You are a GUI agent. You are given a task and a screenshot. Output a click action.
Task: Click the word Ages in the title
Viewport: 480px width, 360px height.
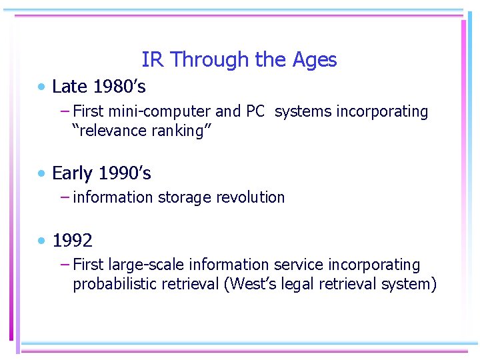tap(315, 60)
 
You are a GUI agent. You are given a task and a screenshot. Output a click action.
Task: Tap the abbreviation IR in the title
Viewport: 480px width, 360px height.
tap(152, 60)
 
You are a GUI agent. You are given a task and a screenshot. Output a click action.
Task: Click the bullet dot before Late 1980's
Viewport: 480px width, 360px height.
tap(42, 87)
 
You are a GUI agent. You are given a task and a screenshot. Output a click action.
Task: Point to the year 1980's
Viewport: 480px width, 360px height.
tap(120, 87)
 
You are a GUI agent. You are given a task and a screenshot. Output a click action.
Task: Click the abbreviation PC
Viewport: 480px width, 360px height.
tap(255, 111)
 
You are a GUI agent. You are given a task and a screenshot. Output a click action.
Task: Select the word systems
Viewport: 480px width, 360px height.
tap(303, 111)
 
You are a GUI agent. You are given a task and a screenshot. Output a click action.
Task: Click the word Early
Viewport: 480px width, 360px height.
tap(72, 173)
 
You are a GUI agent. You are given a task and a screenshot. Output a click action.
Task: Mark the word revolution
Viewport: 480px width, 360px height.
tap(254, 197)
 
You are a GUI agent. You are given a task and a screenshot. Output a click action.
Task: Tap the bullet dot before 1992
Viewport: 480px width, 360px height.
tap(42, 240)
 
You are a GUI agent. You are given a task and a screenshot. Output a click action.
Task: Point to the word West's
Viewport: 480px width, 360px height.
tap(251, 284)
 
